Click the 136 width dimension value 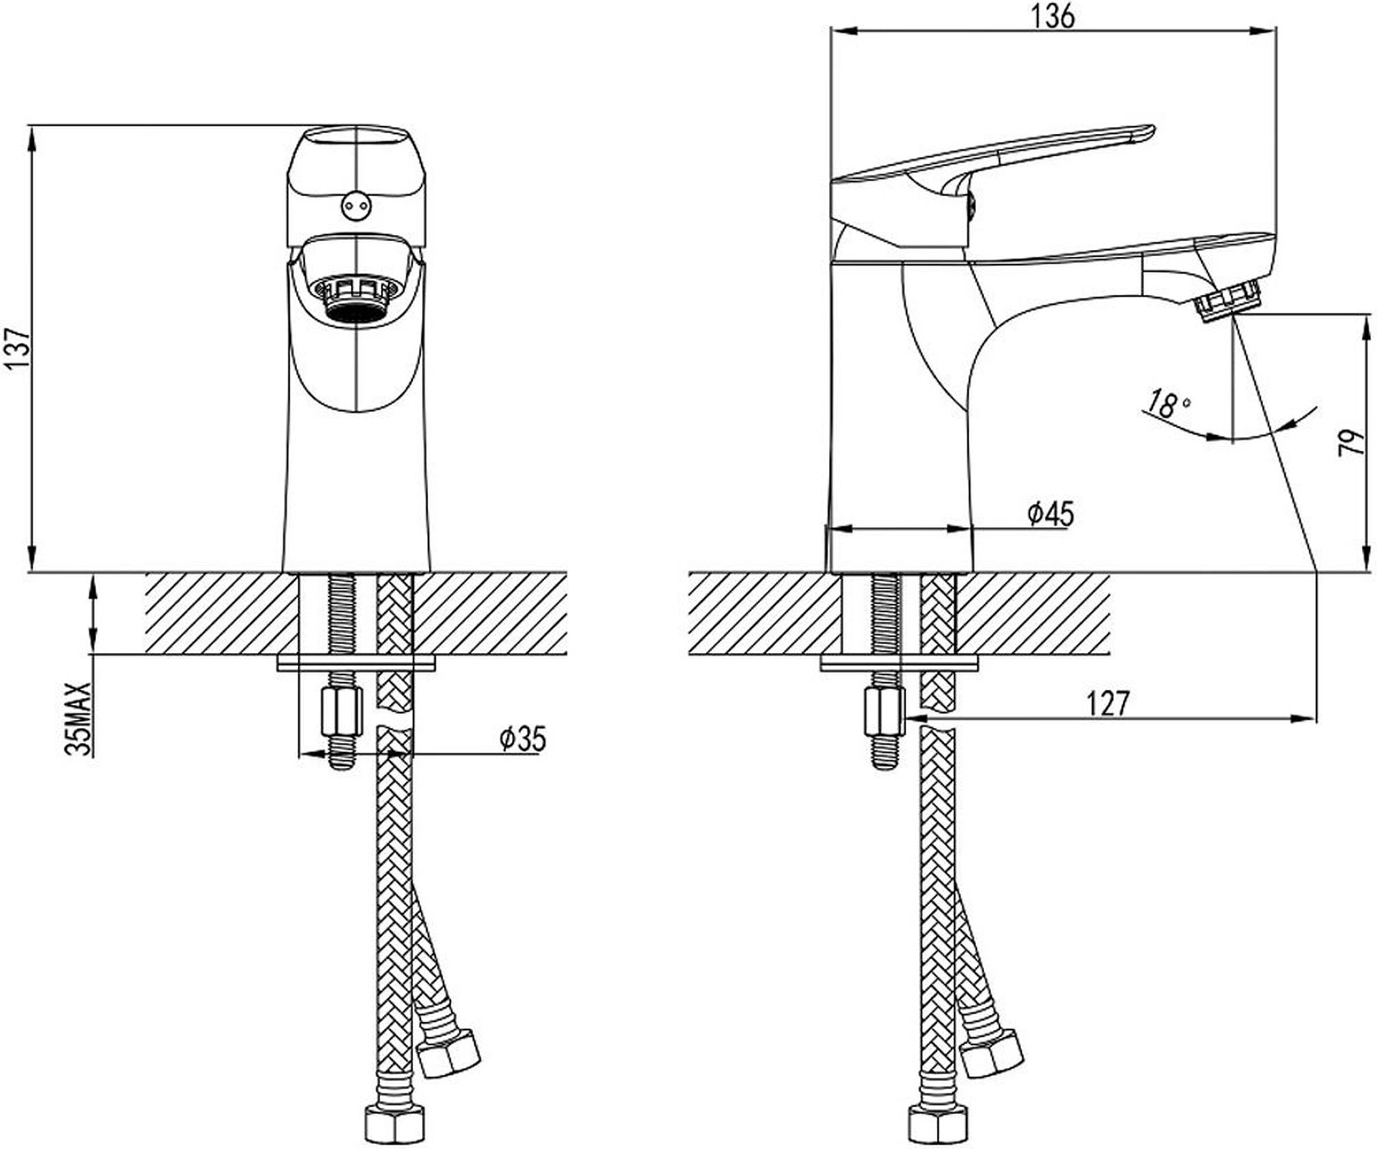click(x=1053, y=17)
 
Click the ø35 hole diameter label click(x=523, y=739)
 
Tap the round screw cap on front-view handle click(x=356, y=207)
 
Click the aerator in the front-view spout click(x=356, y=298)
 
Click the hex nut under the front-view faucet click(x=342, y=712)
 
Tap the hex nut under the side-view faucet click(x=885, y=712)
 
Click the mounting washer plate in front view click(x=356, y=662)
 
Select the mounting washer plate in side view click(x=899, y=662)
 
